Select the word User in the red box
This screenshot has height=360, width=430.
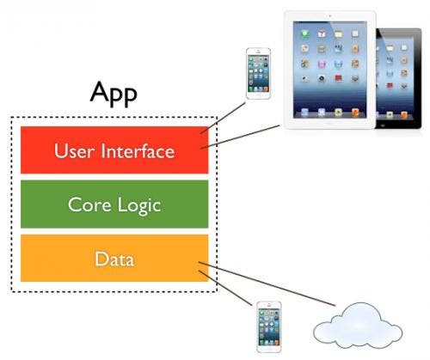pos(73,152)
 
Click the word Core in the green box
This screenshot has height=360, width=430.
pos(89,205)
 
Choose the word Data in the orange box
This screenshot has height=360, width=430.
pos(114,258)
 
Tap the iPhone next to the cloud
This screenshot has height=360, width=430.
pos(268,327)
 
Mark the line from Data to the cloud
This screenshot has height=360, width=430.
pos(267,285)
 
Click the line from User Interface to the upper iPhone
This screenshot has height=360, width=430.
pos(223,117)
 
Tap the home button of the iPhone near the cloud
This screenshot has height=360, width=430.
pos(268,351)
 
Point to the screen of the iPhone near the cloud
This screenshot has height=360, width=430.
pos(268,326)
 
